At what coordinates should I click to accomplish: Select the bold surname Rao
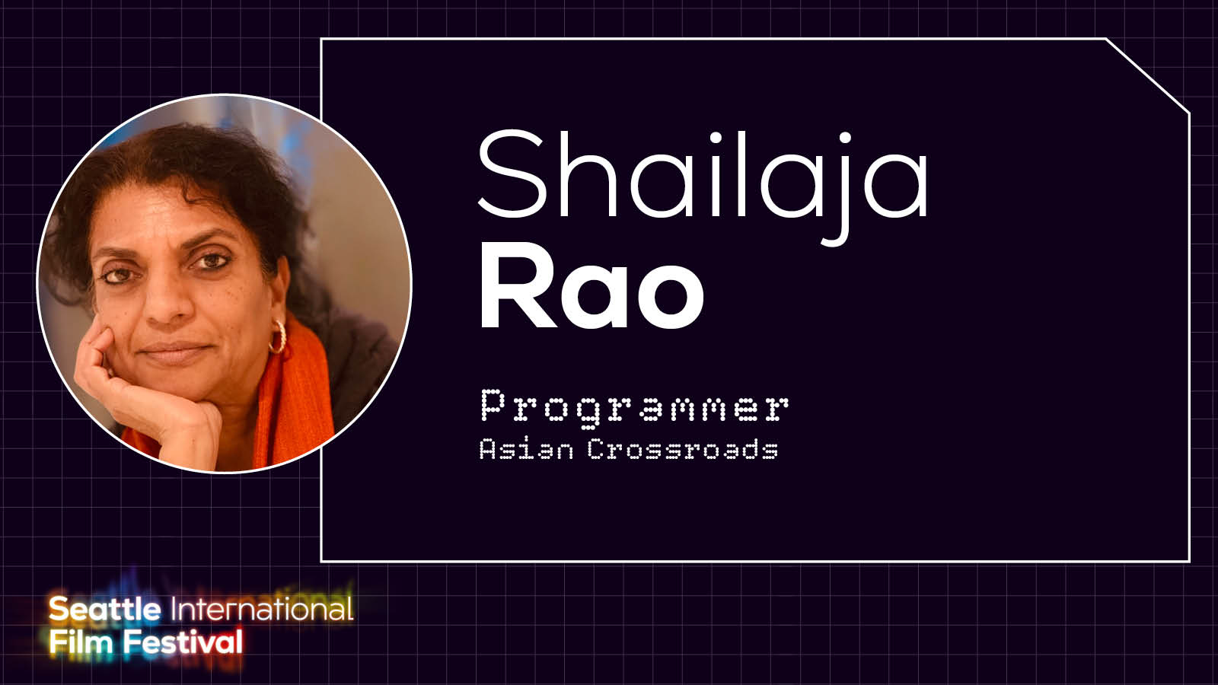[x=591, y=286]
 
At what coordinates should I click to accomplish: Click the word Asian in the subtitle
[x=526, y=450]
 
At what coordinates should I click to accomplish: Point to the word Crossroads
[x=683, y=450]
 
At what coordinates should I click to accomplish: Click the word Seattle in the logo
[x=104, y=609]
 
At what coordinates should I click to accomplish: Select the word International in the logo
[x=262, y=609]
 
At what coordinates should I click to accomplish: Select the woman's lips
[x=175, y=352]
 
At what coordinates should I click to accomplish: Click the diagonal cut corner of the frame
[x=1148, y=76]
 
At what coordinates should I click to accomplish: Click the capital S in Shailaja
[x=512, y=173]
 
